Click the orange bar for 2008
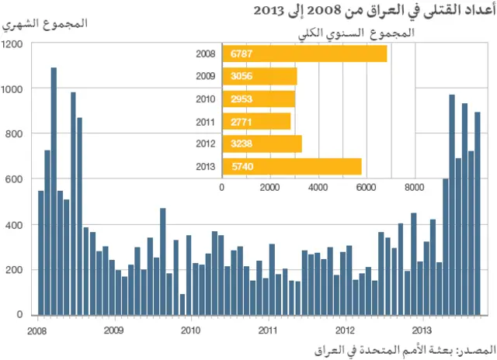(304, 54)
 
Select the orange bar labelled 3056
(259, 76)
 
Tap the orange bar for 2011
(256, 121)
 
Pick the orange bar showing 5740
(292, 166)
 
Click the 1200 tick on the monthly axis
(12, 44)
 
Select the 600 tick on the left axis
(16, 179)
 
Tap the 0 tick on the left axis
(22, 315)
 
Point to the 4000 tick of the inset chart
(318, 187)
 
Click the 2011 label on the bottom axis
(267, 328)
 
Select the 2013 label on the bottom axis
(421, 328)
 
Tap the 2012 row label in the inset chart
(206, 144)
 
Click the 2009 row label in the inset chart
(206, 76)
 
